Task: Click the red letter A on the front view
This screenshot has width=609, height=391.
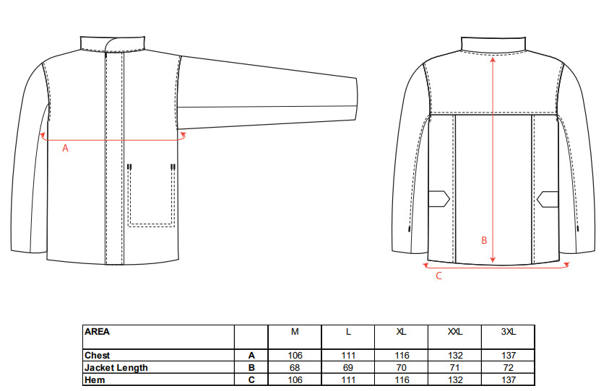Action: (x=65, y=148)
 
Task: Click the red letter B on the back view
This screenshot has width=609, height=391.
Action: (x=484, y=240)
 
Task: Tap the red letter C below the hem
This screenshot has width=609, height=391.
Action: (x=439, y=276)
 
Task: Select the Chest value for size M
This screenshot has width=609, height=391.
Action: (x=295, y=356)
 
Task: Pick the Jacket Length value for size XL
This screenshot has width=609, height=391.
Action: (x=401, y=367)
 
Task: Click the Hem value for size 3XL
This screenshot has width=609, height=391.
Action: (x=509, y=379)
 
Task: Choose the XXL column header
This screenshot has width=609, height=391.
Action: (x=455, y=332)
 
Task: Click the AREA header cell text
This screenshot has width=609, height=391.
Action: (x=97, y=332)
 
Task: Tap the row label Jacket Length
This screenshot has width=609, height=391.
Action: (x=116, y=367)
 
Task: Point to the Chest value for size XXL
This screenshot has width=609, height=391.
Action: (x=455, y=356)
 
